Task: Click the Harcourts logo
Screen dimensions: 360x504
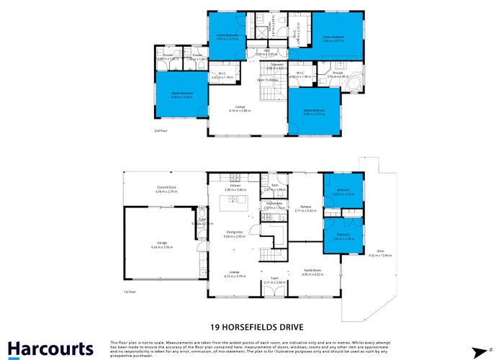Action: click(x=51, y=348)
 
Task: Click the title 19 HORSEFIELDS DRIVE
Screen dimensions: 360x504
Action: click(x=251, y=325)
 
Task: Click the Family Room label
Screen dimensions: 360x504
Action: click(x=312, y=272)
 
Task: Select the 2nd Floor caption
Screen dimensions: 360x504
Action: click(x=160, y=131)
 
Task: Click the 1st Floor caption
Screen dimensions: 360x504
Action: click(x=130, y=292)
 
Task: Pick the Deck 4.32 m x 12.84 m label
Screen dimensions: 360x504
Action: click(x=380, y=253)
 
